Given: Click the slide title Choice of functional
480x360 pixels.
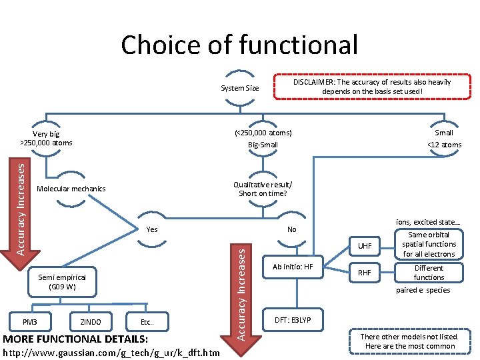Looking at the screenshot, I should click(239, 45).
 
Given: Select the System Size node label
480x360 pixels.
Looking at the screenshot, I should click(239, 88).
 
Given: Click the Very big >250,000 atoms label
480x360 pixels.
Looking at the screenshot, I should click(46, 138).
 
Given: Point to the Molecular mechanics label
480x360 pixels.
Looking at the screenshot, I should click(71, 189).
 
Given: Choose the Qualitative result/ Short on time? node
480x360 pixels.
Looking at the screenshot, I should click(263, 189).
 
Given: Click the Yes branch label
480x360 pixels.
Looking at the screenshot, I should click(152, 229).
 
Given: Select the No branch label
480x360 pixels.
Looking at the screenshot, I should click(291, 229).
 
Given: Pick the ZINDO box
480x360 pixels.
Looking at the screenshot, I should click(90, 322).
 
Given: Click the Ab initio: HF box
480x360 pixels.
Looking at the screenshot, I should click(293, 267).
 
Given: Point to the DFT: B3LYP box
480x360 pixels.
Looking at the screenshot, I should click(293, 319).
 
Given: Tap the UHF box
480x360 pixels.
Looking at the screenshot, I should click(365, 246).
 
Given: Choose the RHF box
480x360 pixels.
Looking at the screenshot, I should click(365, 272).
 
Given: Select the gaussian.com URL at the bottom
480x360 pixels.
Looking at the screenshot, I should click(112, 352).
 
